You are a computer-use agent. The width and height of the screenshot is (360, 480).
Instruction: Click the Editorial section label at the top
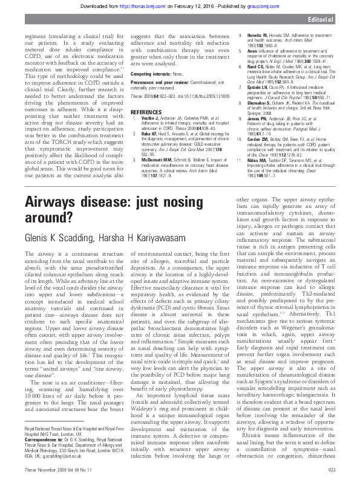335,20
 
